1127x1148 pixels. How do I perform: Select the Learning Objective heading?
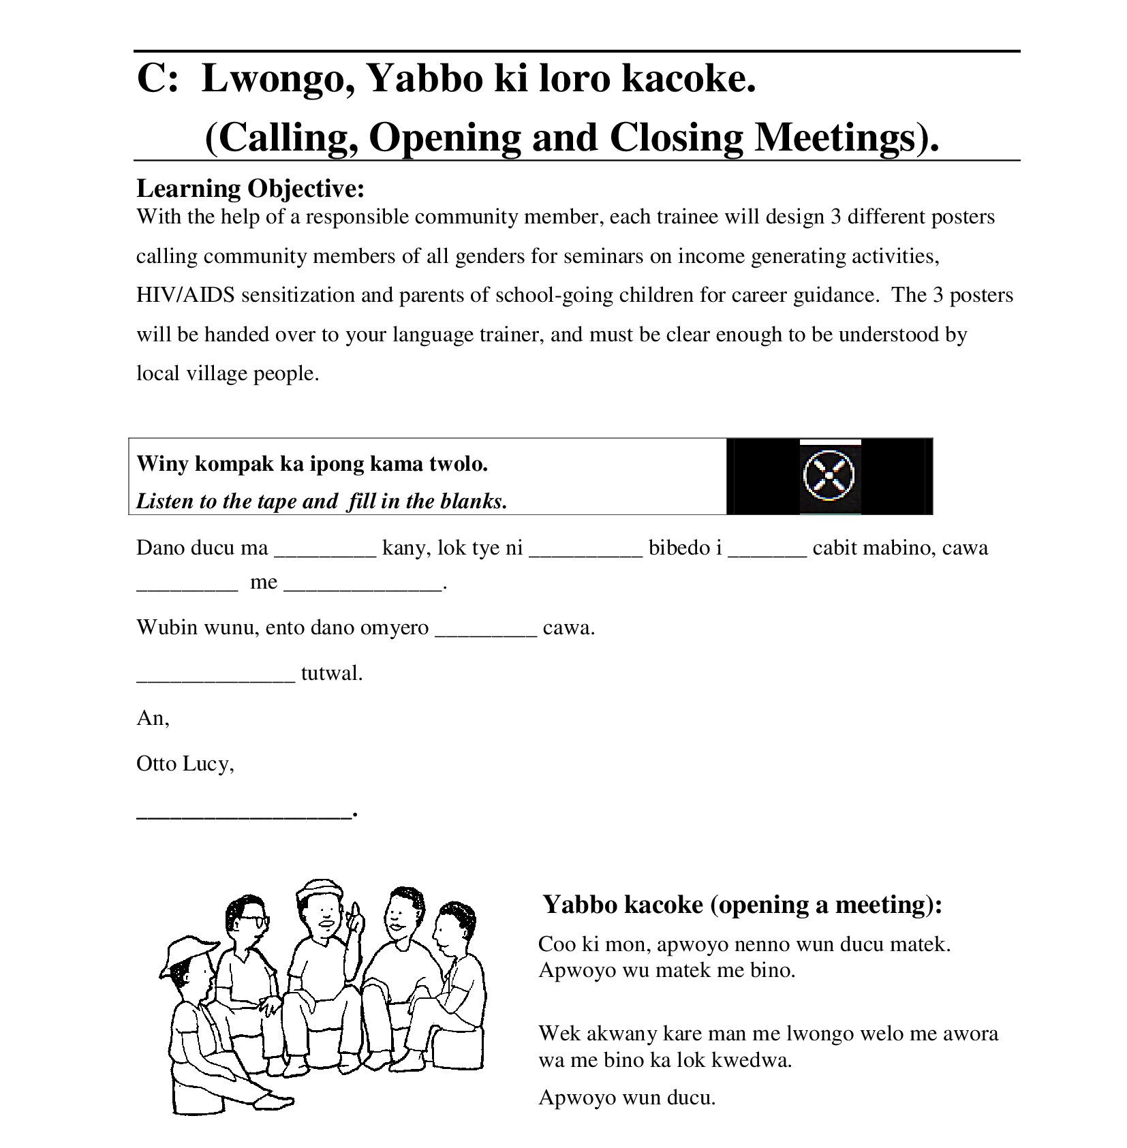[x=251, y=188]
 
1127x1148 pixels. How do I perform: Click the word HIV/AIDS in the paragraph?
[x=185, y=295]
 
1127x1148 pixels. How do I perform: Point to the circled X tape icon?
[x=829, y=475]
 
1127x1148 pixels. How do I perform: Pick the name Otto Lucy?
[x=185, y=764]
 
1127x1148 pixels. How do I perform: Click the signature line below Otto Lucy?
[x=245, y=813]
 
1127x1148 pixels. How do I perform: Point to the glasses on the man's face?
[x=252, y=920]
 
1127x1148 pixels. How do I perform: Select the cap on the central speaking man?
[x=319, y=889]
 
